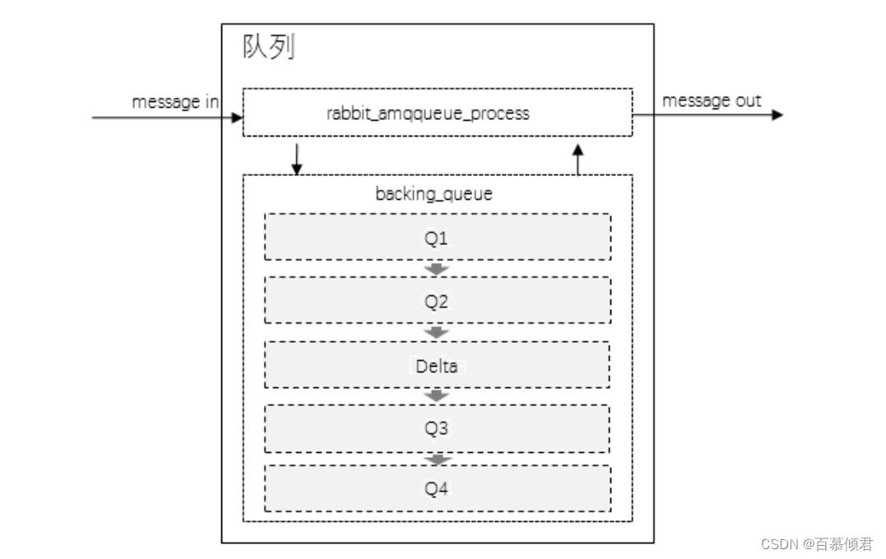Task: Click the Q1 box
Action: (437, 238)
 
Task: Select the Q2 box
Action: (437, 300)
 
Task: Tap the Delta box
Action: (437, 365)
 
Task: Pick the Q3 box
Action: (437, 428)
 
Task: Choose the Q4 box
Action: (437, 489)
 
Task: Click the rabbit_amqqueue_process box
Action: (437, 113)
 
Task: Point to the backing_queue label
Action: (434, 194)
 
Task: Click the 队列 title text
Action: (268, 48)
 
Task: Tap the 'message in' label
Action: (175, 102)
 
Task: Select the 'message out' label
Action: (712, 100)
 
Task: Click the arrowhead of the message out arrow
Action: (777, 115)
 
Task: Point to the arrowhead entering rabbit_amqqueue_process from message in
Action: (239, 118)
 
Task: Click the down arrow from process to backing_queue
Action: (297, 159)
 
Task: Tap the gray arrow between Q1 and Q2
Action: (437, 269)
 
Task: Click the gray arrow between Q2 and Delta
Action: (437, 332)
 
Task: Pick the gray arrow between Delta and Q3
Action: (437, 396)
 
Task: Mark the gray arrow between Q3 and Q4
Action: (437, 459)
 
